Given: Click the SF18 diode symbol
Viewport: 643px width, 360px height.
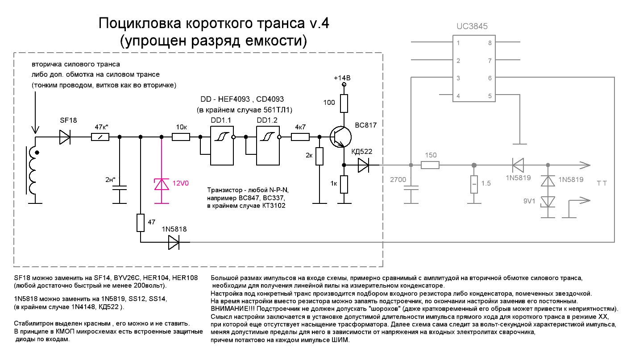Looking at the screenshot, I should [x=65, y=138].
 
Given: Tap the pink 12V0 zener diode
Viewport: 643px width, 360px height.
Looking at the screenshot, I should [x=162, y=184].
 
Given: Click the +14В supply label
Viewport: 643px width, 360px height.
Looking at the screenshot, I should [x=342, y=78].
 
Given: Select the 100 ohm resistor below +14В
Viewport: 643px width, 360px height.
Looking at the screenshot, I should [x=344, y=103].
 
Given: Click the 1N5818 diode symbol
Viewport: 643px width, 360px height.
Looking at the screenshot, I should [x=174, y=242].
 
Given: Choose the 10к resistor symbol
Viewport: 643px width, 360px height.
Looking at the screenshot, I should [x=181, y=138].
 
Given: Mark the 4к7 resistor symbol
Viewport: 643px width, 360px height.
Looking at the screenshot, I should [x=300, y=138].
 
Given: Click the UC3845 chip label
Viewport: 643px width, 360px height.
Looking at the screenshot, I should [x=472, y=27].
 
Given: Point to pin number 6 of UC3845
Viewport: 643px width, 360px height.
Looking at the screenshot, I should [x=490, y=78].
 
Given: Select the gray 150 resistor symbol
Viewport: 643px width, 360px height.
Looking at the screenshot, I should [x=431, y=166].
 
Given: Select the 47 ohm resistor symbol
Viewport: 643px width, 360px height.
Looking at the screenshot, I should [x=140, y=223].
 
